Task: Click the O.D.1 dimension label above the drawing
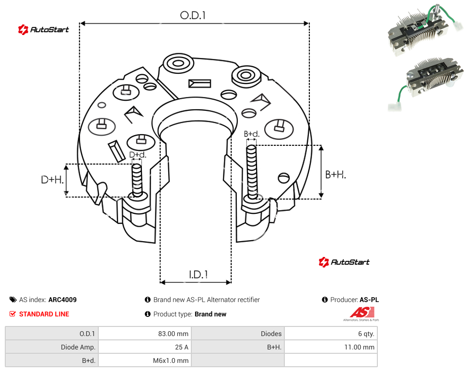coord(193,15)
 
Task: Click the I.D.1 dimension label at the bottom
coord(199,275)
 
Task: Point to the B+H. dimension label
coord(336,174)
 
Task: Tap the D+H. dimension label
coord(52,180)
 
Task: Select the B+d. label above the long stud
coord(252,134)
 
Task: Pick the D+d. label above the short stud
coord(138,155)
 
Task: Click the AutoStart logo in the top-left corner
coord(44,30)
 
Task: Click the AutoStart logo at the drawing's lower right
coord(344,262)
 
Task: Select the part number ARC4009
coord(62,300)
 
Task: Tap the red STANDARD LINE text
coord(44,314)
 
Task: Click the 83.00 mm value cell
coord(145,334)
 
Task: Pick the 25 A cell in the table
coord(145,347)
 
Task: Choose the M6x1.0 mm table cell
coord(145,360)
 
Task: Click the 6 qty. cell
coord(331,334)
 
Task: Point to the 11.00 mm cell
coord(331,347)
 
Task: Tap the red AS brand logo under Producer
coord(362,314)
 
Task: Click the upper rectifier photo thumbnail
coord(425,30)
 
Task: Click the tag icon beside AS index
coord(13,300)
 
